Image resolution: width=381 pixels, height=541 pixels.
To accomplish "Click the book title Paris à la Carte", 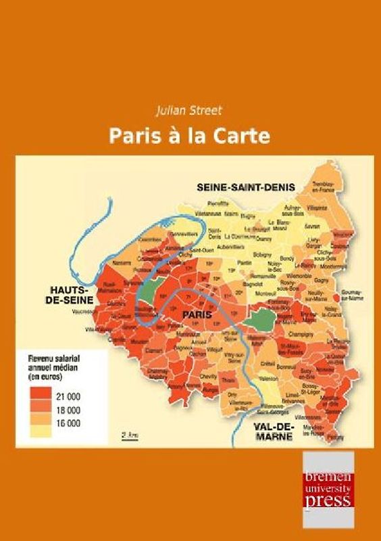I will coord(190,135).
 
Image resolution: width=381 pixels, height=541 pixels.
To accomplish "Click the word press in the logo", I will coord(328,500).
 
